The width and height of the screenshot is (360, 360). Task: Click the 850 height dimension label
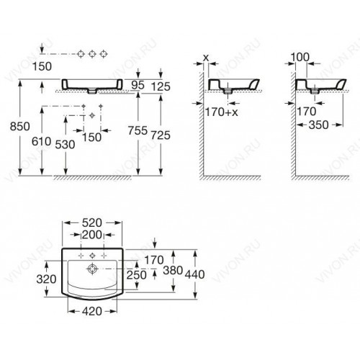point(20,127)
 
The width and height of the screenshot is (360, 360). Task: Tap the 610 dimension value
point(42,142)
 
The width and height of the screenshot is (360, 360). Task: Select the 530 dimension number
point(65,145)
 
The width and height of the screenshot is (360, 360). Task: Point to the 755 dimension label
point(138,131)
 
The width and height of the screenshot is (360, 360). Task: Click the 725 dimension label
point(161,135)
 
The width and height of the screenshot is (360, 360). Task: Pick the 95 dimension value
point(138,85)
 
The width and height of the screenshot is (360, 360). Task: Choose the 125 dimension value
point(161,86)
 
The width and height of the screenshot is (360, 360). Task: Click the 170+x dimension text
point(222,112)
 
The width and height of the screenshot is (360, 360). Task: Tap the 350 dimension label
point(318,125)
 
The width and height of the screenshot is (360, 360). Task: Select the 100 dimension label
point(300,57)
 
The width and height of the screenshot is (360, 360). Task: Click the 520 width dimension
point(92,223)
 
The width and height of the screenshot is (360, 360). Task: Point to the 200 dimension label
point(92,235)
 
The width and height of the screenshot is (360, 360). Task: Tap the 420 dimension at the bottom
point(92,312)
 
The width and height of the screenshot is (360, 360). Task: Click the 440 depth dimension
point(194,274)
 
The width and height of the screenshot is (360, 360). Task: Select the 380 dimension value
point(173,270)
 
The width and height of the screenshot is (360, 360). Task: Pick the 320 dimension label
point(46,279)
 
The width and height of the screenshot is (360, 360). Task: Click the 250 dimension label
point(136,275)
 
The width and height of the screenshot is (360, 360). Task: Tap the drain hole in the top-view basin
point(92,269)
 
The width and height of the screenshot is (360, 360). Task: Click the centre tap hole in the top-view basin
point(92,256)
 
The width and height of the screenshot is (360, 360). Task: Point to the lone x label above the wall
point(206,58)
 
